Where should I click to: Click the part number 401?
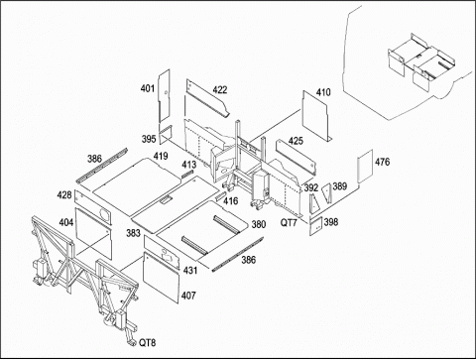click(148, 88)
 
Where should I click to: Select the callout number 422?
click(220, 90)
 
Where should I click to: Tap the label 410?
click(323, 92)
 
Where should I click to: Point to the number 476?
click(382, 162)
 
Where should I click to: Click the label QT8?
click(147, 343)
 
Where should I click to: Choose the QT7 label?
click(289, 223)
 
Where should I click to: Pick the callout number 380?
click(259, 224)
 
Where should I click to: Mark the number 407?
click(188, 296)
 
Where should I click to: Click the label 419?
click(161, 156)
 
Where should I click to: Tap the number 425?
click(296, 141)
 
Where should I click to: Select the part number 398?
click(331, 222)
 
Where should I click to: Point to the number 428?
click(64, 195)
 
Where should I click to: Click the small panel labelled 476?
click(366, 167)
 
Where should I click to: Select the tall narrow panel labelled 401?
click(165, 96)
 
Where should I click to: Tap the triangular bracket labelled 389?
click(327, 193)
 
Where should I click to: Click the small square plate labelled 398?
click(316, 226)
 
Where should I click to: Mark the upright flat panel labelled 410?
click(317, 116)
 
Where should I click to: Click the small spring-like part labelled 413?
click(187, 175)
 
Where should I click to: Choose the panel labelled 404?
click(93, 233)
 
